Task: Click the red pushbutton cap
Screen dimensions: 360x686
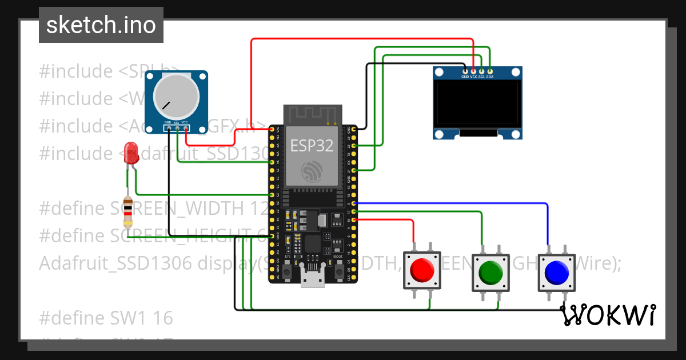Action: click(x=422, y=270)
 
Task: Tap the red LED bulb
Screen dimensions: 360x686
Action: click(x=131, y=153)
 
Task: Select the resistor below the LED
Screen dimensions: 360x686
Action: click(x=129, y=211)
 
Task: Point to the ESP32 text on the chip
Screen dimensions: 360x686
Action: click(x=312, y=146)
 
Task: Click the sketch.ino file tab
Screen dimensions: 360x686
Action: click(x=101, y=25)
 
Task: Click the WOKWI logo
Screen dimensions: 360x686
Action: click(x=607, y=315)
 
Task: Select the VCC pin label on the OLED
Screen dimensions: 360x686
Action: click(x=473, y=76)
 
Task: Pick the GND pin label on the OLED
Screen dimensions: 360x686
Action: click(x=465, y=76)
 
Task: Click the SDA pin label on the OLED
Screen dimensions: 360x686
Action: click(x=490, y=76)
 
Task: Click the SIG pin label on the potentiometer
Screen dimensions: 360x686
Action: click(x=177, y=123)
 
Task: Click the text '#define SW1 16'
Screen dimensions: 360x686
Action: click(x=106, y=317)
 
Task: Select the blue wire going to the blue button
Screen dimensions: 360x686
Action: click(x=457, y=203)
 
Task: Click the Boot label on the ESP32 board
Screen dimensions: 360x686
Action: click(x=338, y=257)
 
